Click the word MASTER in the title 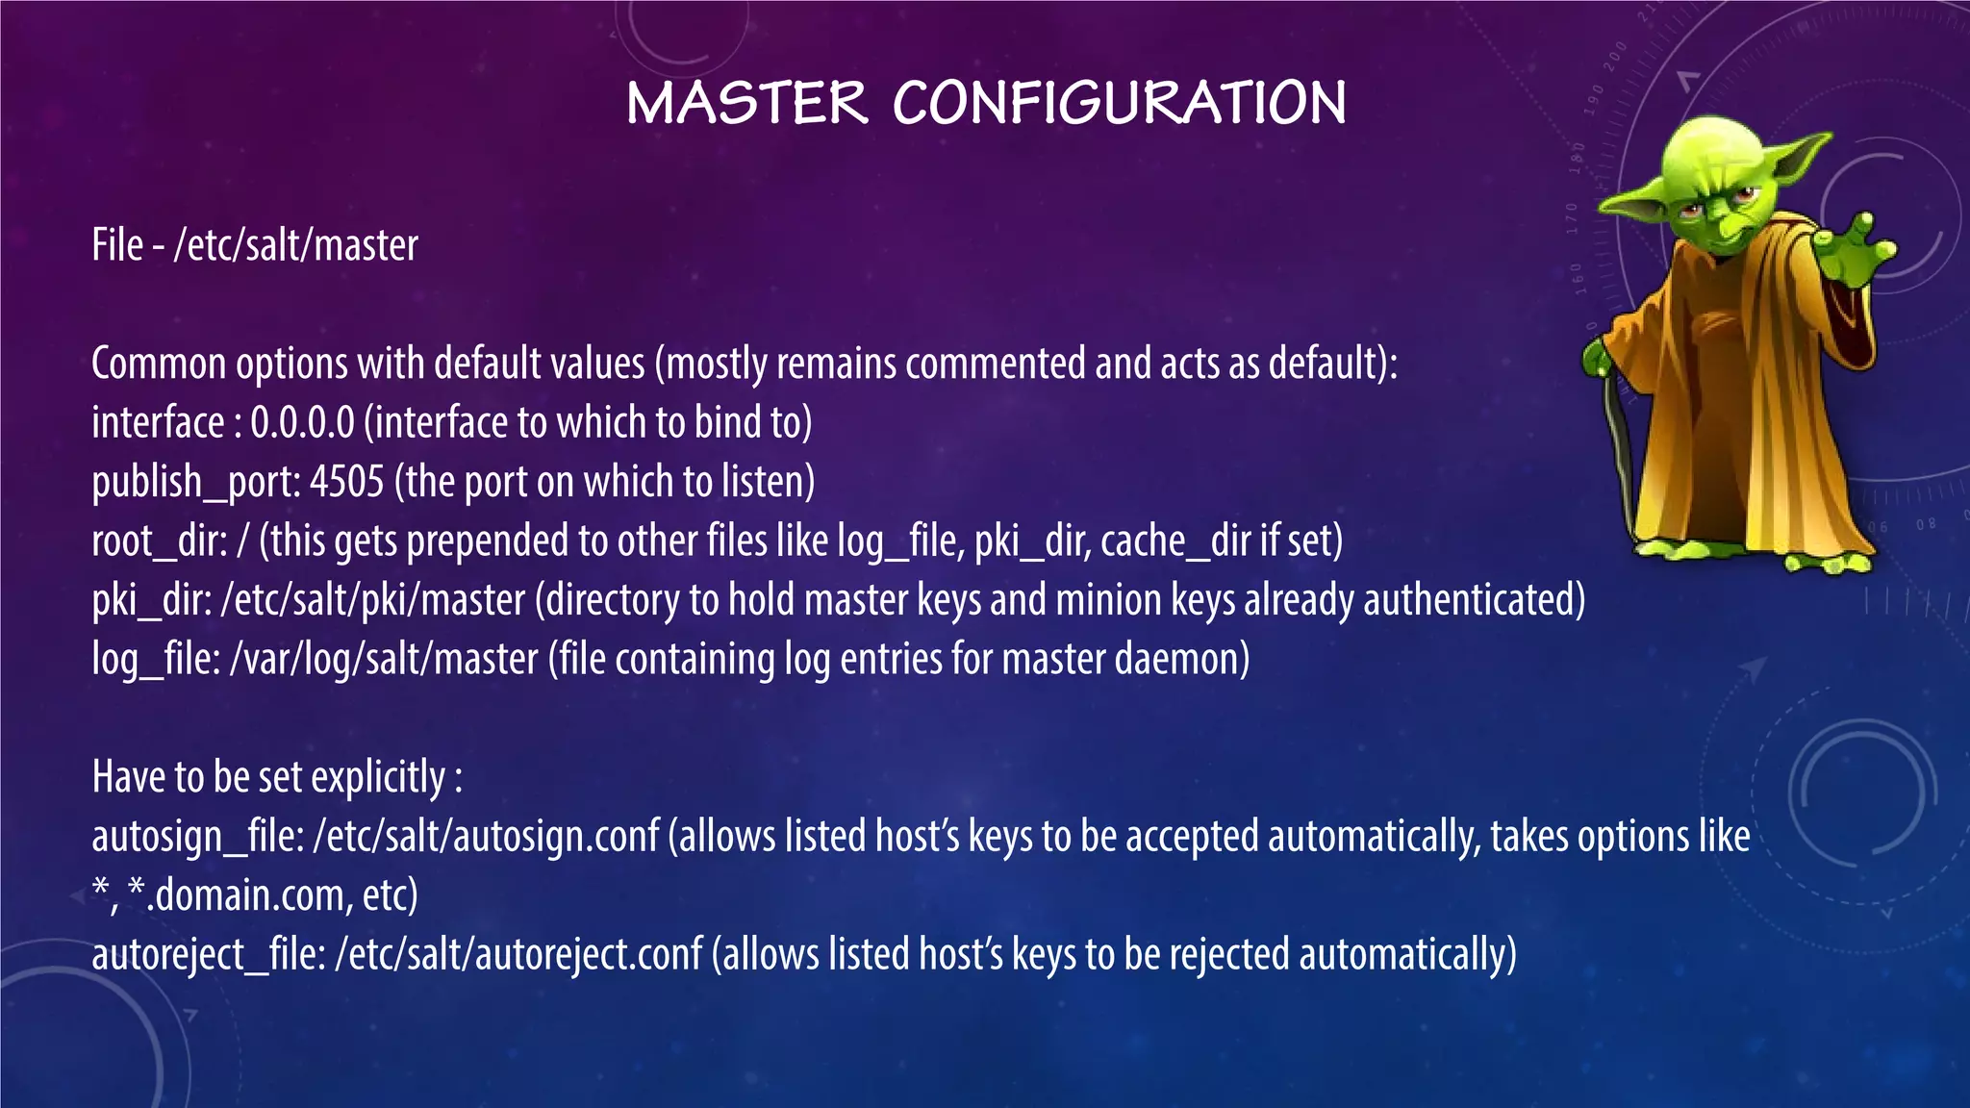tap(746, 103)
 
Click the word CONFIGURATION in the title tap(1119, 103)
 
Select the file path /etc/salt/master tap(295, 246)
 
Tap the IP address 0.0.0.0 tap(302, 423)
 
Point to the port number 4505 tap(346, 482)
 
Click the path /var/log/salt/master tap(384, 660)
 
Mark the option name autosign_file tap(197, 837)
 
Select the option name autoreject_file tap(208, 955)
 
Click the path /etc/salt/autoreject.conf tap(518, 955)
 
